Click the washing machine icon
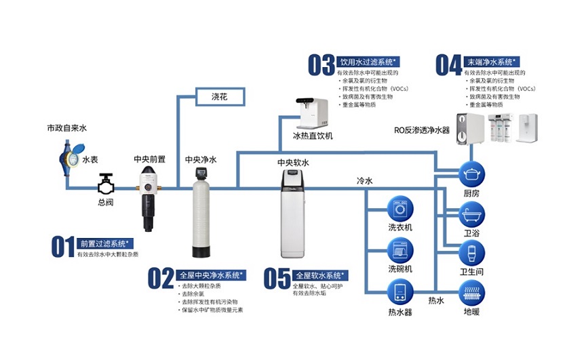(399, 207)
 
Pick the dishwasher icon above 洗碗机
(399, 250)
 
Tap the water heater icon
(399, 294)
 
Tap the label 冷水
(365, 181)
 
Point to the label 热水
(436, 300)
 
